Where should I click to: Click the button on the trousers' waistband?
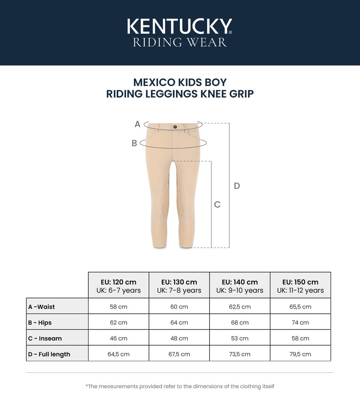point(175,127)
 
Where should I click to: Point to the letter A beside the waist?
point(137,125)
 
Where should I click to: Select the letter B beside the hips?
point(134,143)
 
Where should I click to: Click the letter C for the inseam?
point(217,204)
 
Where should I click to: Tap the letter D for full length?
point(237,186)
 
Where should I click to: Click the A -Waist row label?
point(42,307)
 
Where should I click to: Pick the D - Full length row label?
point(49,354)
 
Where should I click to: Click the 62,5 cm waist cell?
point(240,307)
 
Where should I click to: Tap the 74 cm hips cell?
point(300,322)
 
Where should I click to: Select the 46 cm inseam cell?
point(118,338)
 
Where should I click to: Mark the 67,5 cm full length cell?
point(179,354)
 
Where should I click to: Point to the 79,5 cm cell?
point(300,354)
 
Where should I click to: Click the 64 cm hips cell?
point(179,322)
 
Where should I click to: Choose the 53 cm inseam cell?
point(240,338)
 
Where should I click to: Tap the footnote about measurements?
point(180,386)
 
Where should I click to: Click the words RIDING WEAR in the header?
point(180,42)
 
